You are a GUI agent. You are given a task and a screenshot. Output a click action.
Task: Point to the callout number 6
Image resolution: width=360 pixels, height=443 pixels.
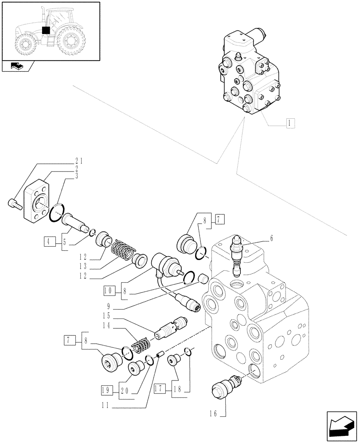click(x=271, y=238)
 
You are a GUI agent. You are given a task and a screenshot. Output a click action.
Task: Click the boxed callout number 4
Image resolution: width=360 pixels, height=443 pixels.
click(x=49, y=242)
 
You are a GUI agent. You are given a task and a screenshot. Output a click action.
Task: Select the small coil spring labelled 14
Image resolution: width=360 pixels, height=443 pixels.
click(x=143, y=344)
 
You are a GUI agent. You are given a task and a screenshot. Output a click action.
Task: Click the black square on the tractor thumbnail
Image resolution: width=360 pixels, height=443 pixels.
click(x=45, y=30)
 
